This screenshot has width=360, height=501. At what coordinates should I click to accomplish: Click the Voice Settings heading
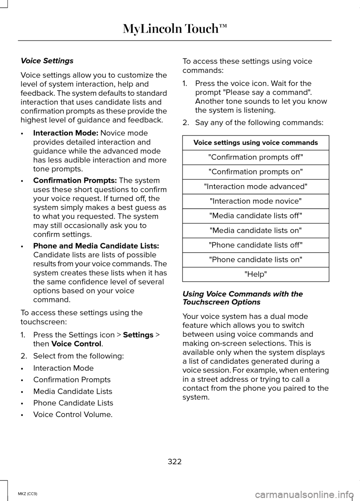[47, 61]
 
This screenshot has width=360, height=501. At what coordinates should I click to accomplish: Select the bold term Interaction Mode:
[66, 133]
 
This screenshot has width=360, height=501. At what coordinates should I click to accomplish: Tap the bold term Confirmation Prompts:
[75, 181]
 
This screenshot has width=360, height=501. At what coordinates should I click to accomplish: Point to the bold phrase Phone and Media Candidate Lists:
[96, 246]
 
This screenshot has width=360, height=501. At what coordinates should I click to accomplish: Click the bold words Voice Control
[76, 344]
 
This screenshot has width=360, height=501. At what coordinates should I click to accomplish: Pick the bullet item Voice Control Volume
[73, 414]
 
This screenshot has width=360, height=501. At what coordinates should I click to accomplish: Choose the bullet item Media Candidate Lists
[73, 391]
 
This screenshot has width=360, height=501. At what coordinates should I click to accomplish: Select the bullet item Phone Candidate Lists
[73, 403]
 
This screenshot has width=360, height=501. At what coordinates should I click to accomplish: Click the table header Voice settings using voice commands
[255, 143]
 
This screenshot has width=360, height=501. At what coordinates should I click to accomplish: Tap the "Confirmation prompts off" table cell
[255, 157]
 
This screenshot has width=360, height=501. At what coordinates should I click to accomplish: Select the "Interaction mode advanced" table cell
[255, 187]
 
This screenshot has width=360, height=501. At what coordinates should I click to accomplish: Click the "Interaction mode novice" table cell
[255, 201]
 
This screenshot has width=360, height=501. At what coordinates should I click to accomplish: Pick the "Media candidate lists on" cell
[255, 230]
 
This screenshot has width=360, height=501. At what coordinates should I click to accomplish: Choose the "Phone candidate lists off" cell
[255, 245]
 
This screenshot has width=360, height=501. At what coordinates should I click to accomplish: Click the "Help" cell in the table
[255, 274]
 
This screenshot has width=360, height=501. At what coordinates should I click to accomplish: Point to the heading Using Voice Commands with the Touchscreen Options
[242, 298]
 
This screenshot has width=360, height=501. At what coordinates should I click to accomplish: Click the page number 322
[175, 462]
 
